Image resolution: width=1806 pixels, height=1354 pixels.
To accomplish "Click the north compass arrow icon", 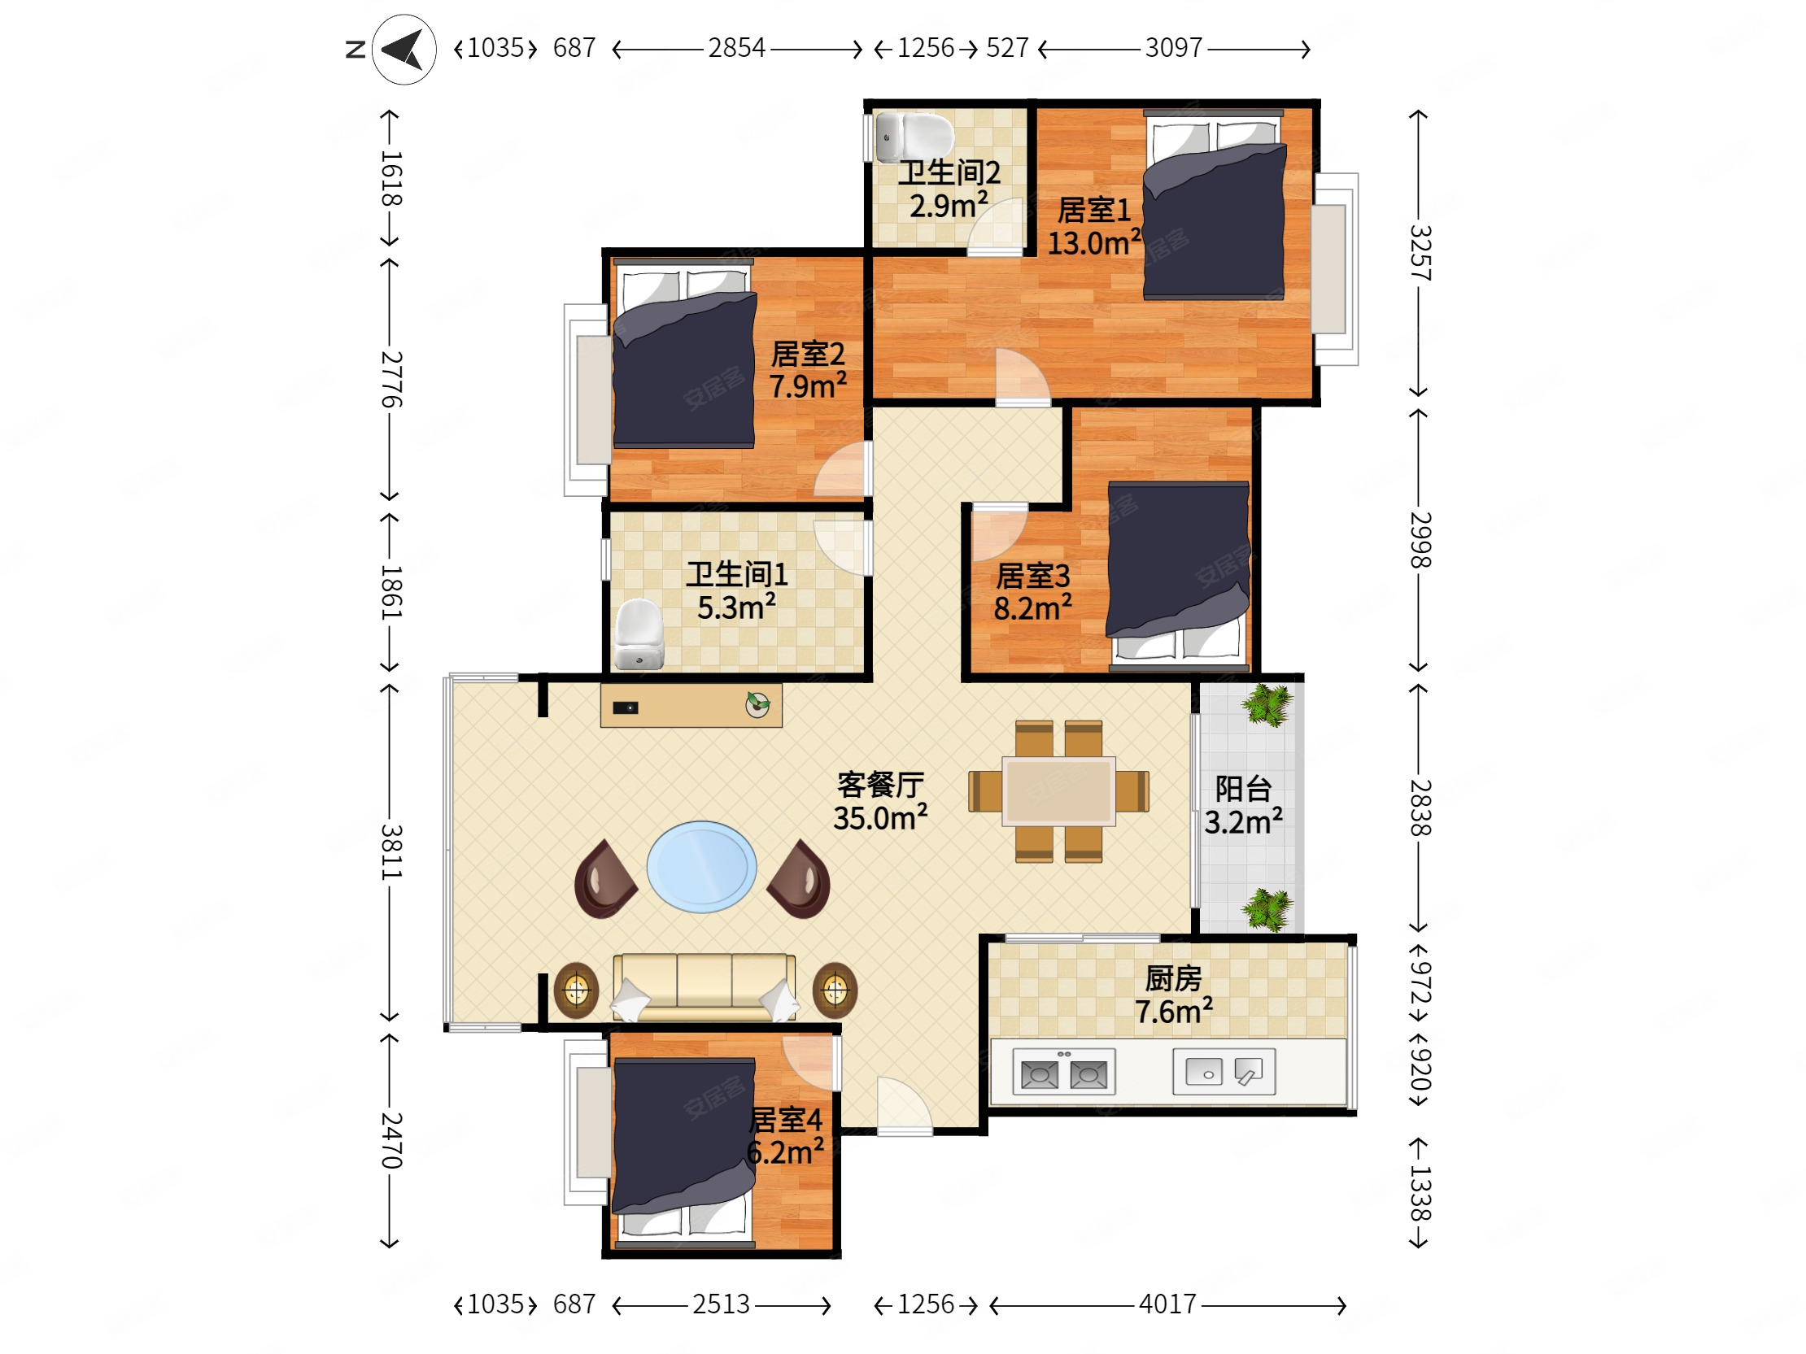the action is click(404, 50).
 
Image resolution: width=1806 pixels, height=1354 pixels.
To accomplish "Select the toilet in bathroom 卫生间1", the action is click(639, 634).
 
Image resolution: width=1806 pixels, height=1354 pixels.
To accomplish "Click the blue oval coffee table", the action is click(701, 867).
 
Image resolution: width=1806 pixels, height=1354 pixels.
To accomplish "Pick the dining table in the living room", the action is click(1058, 790).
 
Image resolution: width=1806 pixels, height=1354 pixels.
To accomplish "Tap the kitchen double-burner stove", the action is click(1064, 1072).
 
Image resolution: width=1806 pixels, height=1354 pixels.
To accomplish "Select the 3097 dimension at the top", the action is click(1173, 48).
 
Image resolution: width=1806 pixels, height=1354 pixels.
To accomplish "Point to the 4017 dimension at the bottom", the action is click(1167, 1304).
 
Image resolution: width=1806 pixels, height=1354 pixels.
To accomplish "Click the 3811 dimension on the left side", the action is click(391, 851).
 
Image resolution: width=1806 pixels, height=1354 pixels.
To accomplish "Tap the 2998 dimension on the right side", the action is click(1420, 539).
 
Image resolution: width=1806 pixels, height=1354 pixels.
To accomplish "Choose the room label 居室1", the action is click(1094, 211).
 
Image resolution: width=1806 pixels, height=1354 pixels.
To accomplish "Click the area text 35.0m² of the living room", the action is click(880, 818).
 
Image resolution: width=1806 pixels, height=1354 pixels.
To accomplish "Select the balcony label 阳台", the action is click(1243, 788).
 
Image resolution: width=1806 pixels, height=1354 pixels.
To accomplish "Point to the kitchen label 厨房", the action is click(1173, 977).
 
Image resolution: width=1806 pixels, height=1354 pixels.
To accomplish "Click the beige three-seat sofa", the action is click(704, 987).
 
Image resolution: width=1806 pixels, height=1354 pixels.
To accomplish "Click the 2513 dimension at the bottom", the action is click(721, 1304).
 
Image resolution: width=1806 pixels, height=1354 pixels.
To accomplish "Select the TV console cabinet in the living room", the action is click(691, 705).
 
